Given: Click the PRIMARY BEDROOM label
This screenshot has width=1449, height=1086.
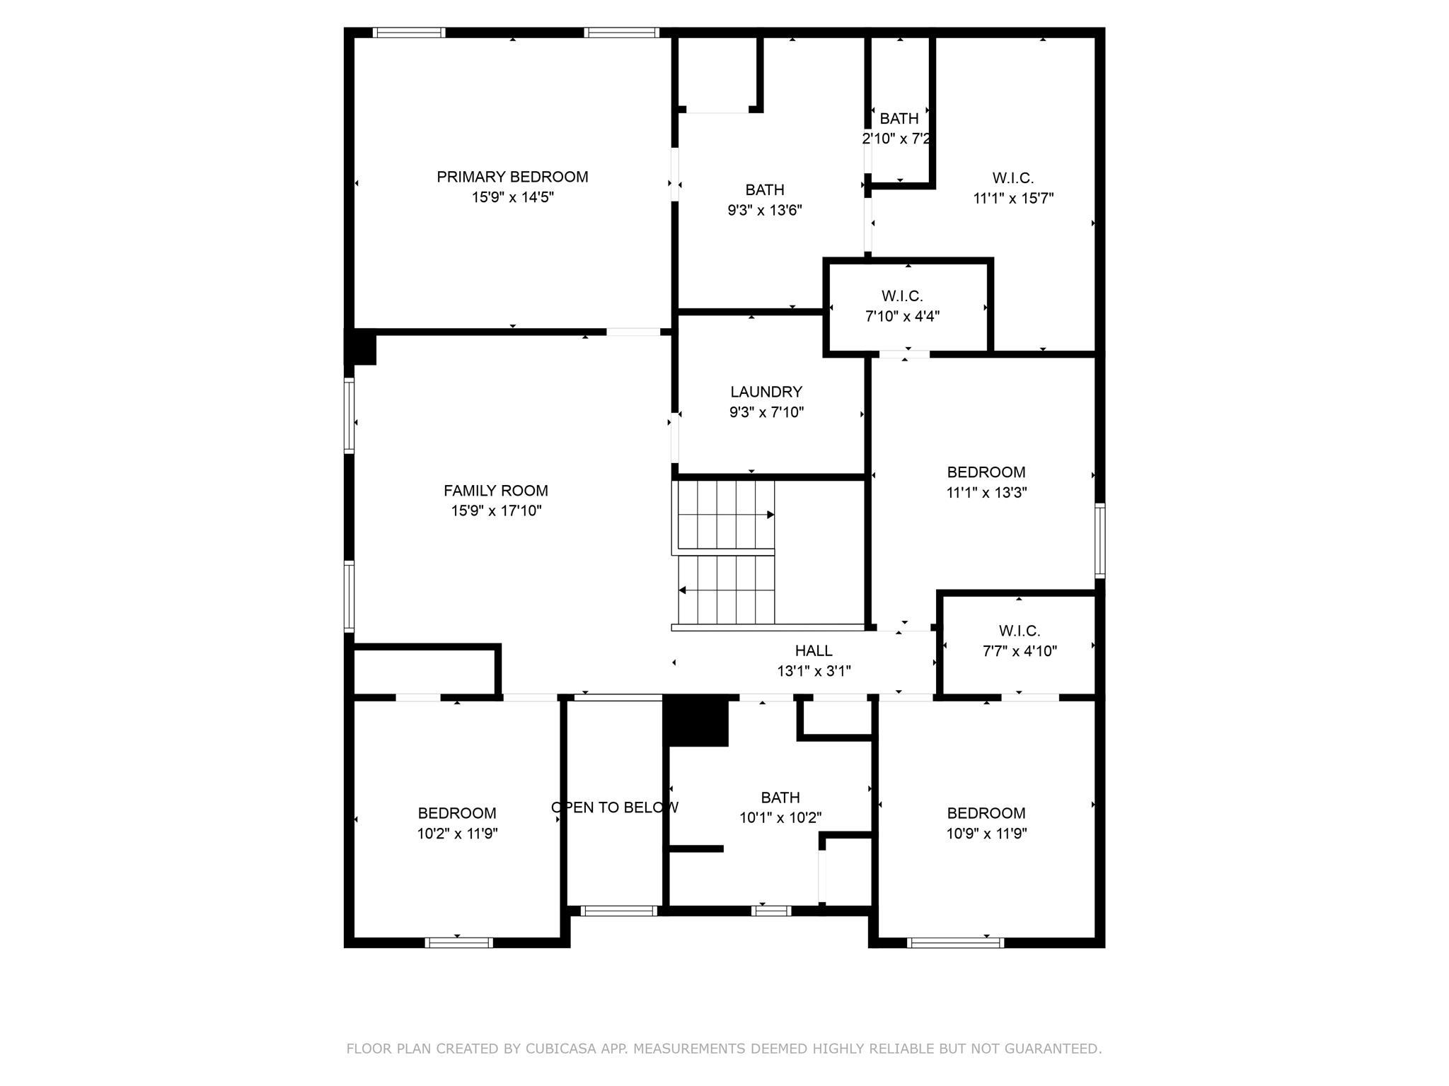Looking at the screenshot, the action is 512,177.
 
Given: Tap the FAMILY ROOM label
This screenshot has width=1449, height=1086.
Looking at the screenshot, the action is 496,491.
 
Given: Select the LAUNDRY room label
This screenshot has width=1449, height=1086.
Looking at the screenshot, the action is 766,392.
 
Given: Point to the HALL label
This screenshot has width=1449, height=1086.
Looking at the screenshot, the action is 814,650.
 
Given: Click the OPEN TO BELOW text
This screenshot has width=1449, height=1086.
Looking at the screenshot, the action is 615,807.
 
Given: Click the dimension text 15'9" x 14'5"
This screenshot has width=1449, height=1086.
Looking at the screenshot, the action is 513,197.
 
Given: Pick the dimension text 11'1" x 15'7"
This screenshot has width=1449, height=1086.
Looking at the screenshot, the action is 1013,199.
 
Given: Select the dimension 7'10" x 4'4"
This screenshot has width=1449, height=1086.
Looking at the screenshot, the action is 902,316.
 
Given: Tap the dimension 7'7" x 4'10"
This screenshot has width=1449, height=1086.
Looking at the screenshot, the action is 1020,651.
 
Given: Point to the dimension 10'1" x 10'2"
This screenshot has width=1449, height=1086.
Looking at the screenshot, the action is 780,818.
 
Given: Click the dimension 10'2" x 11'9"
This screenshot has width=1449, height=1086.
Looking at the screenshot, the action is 457,834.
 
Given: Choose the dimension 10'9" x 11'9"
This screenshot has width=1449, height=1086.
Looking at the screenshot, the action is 986,834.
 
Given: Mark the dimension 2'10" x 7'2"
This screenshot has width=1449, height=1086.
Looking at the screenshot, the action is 896,139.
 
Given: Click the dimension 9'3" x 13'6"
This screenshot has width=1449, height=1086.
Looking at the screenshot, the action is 765,210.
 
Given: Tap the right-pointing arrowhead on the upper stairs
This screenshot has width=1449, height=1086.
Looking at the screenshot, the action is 770,515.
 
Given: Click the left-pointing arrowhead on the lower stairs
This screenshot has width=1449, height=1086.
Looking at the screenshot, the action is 682,590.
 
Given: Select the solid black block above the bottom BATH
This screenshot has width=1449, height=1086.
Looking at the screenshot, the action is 696,720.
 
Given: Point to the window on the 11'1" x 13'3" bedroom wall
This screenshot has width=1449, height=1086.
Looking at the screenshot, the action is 1100,541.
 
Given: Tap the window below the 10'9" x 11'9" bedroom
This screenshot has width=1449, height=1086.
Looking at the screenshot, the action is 955,942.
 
